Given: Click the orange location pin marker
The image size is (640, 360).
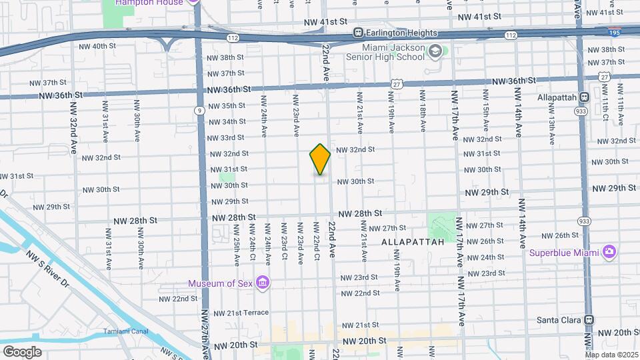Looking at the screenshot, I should (320, 159).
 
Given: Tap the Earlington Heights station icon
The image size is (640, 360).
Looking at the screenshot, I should (358, 33).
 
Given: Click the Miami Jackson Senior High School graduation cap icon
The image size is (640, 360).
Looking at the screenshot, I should (435, 51).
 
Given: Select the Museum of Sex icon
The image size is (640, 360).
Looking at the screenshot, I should (263, 283).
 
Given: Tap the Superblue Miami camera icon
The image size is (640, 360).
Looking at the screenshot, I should (608, 253).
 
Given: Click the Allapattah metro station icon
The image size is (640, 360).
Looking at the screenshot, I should (584, 97).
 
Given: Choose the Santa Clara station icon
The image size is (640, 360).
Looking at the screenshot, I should (589, 320).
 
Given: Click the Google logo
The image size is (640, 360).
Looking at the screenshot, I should (22, 351).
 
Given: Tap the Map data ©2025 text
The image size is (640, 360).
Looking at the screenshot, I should (611, 355).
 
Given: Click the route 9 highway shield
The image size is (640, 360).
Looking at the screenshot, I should (199, 110).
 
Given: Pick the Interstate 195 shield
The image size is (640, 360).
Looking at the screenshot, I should (615, 31).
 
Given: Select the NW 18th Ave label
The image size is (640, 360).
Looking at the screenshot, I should (422, 113).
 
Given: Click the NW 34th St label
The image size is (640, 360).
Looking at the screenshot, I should (226, 122).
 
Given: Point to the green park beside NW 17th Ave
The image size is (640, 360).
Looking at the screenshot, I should (442, 226).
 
